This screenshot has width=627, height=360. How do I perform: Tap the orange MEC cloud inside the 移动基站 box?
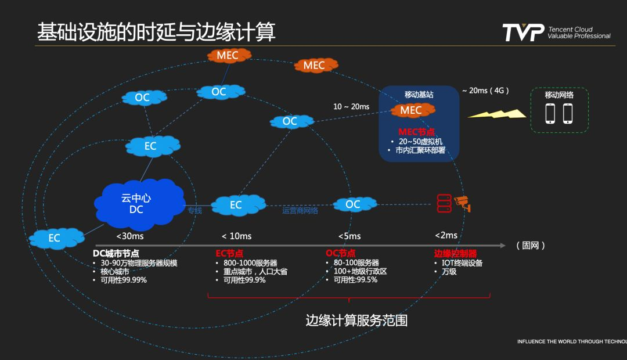click(411, 110)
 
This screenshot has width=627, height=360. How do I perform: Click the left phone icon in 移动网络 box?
click(550, 113)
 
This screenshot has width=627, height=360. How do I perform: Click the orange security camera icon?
click(463, 203)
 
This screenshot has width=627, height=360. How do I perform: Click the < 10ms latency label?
click(236, 236)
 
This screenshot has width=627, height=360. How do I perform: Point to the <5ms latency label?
click(349, 236)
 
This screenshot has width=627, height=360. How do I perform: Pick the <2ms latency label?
click(446, 235)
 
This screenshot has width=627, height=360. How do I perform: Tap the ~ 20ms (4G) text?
click(485, 91)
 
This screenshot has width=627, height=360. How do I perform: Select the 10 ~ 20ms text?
click(351, 107)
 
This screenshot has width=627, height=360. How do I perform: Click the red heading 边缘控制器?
click(455, 254)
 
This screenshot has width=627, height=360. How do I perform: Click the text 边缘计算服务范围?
click(356, 321)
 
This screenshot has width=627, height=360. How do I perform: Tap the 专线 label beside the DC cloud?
click(194, 211)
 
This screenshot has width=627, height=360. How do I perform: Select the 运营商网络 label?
click(300, 211)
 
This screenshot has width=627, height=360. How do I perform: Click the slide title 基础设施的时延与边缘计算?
click(156, 32)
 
